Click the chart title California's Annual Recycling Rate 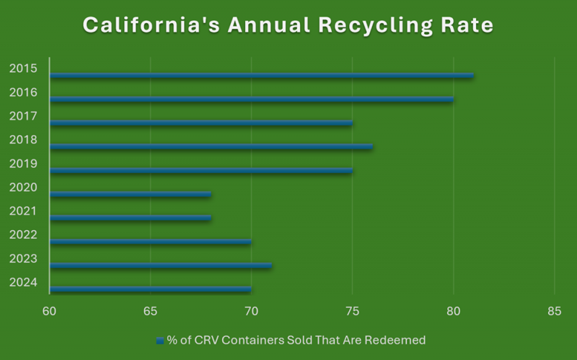(288, 25)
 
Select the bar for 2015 (261, 75)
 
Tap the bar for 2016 (251, 99)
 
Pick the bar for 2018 (211, 146)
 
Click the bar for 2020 (130, 194)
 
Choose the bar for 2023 (160, 265)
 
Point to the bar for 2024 (150, 289)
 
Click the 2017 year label (22, 116)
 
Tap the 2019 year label (22, 164)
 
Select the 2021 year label (22, 211)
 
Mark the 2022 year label (22, 235)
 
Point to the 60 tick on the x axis (49, 312)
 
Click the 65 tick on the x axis (150, 312)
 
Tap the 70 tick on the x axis (251, 312)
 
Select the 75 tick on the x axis (352, 312)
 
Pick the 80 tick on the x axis (453, 312)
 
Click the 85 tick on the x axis (554, 312)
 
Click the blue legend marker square (159, 340)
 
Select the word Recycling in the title (374, 25)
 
